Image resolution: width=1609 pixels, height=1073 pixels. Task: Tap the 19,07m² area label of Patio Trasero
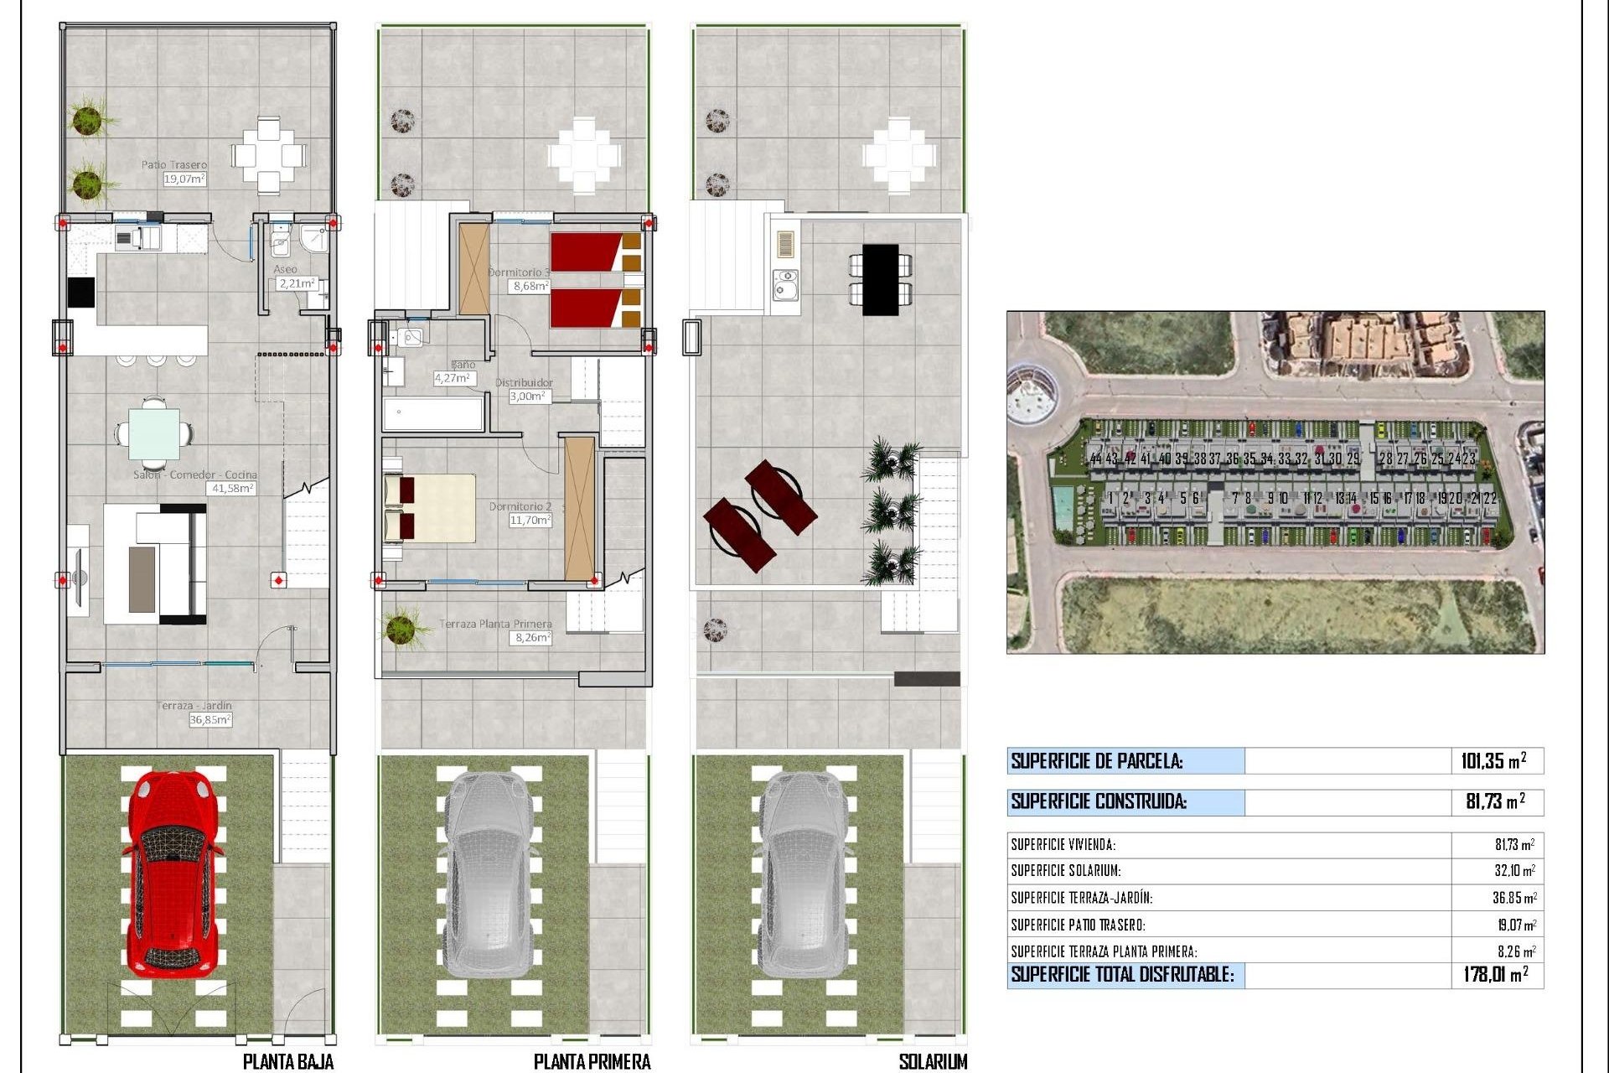coord(184,179)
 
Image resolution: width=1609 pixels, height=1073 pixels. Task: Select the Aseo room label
coord(285,269)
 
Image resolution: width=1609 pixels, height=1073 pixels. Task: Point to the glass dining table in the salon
coord(154,433)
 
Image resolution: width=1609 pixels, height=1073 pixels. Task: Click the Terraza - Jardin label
coord(194,706)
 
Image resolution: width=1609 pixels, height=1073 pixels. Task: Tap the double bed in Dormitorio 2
coord(430,508)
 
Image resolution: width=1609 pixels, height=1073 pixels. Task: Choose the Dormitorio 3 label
coord(520,272)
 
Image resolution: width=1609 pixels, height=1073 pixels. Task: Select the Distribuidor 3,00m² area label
coord(530,397)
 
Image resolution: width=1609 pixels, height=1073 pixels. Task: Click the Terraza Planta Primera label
coord(495,624)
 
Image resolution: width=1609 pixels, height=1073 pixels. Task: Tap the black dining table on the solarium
coord(880,279)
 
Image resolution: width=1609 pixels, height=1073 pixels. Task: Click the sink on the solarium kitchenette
coord(785,285)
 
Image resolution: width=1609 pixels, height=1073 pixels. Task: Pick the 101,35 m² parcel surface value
coord(1493,761)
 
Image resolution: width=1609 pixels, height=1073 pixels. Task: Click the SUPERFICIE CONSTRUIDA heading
coord(1099,801)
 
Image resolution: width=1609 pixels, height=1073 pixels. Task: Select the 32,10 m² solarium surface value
coord(1514,871)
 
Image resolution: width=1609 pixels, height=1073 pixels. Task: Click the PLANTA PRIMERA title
coord(592,1061)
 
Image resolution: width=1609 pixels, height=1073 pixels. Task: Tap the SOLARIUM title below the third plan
coord(933,1061)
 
